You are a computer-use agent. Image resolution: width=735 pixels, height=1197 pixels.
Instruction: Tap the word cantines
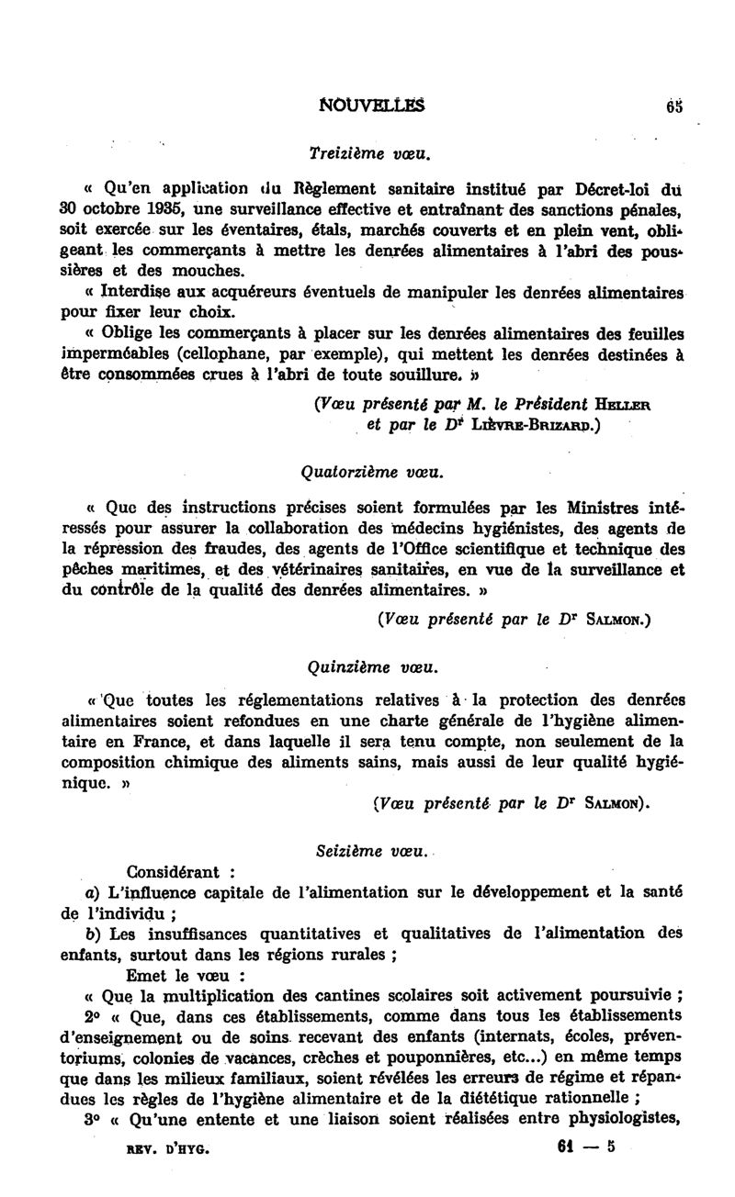(384, 997)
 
